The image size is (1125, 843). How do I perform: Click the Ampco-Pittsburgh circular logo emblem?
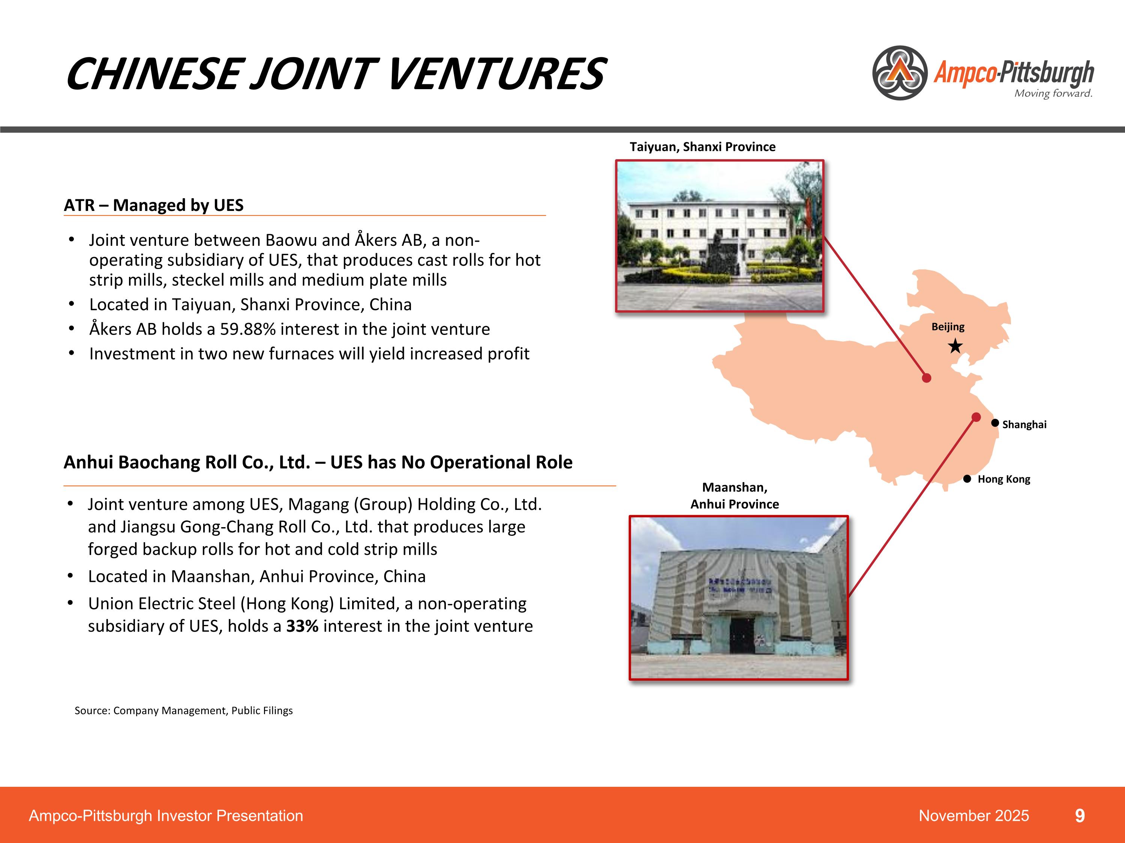pos(900,73)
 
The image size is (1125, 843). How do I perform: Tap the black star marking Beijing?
pos(955,347)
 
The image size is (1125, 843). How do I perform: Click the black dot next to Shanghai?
pos(995,423)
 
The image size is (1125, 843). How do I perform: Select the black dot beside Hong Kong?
pos(967,479)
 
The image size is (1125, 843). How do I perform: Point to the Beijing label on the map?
pos(948,327)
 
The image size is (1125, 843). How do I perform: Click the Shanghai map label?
pos(1024,425)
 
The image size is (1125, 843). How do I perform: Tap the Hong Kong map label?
pos(1003,479)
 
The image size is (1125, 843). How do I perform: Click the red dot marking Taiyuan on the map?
pos(927,378)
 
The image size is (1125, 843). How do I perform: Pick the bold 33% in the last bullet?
pos(302,626)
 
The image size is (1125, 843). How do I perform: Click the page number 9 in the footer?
pos(1080,816)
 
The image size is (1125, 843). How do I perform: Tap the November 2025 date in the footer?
pos(973,816)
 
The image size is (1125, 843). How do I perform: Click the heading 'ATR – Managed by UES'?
pos(154,205)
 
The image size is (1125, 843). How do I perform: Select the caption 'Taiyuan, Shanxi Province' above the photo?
pos(702,147)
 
